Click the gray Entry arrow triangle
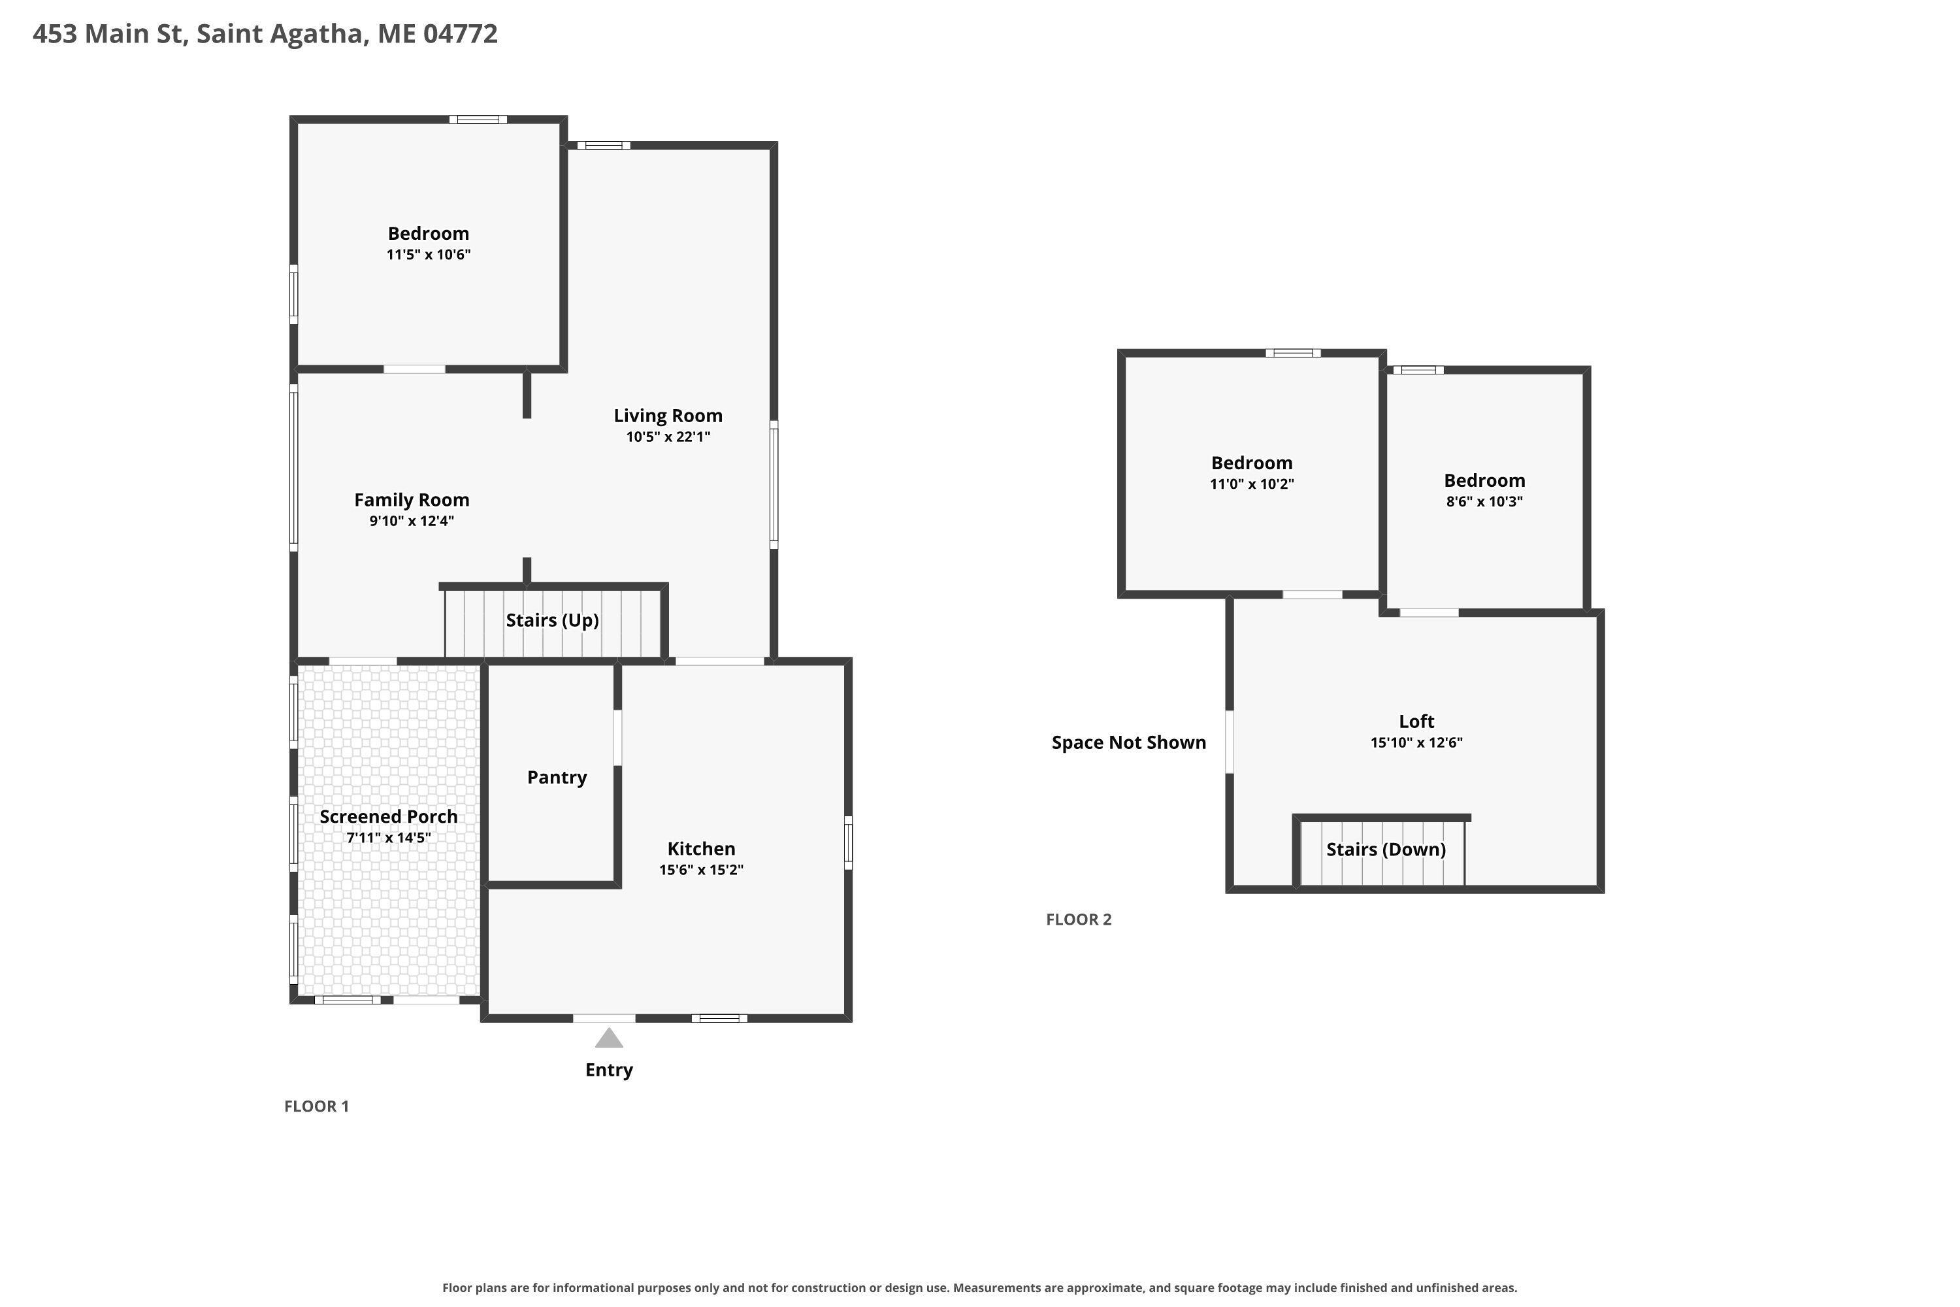coord(609,1038)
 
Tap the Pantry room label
coord(557,777)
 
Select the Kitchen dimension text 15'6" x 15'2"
coord(701,869)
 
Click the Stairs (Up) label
coord(553,620)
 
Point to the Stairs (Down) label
coord(1386,850)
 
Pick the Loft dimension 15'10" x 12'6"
coord(1416,742)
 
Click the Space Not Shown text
coord(1128,742)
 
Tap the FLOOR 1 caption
coord(317,1106)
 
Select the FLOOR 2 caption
coord(1079,919)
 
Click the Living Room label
coord(668,415)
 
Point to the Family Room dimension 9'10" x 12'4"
coord(412,521)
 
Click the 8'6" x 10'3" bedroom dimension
coord(1484,501)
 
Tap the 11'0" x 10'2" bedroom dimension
coord(1252,484)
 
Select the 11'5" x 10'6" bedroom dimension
coord(429,254)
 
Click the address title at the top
coord(265,33)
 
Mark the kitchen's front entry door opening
coord(604,1017)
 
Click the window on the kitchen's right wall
coord(848,843)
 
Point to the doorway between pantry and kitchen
coord(617,738)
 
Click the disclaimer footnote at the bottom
coord(980,1288)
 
